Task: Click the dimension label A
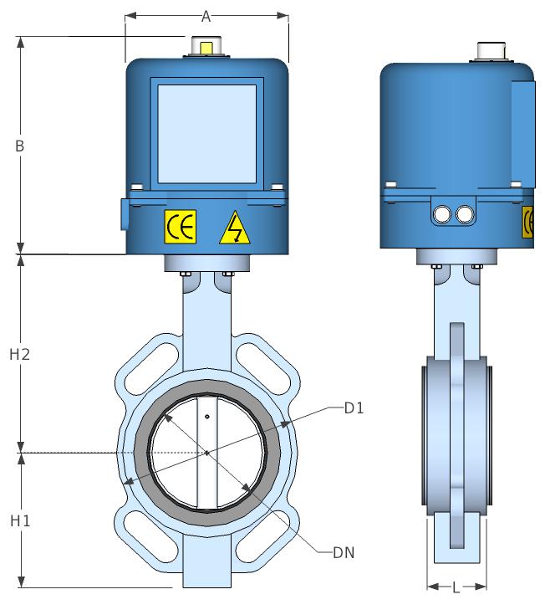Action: point(206,17)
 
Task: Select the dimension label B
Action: point(19,146)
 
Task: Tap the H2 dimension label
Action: point(20,355)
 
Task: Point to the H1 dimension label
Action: point(20,521)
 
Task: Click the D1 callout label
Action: point(354,408)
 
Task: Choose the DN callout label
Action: point(344,553)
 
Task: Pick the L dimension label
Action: point(456,588)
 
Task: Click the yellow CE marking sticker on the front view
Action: point(181,227)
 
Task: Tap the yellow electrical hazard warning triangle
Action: point(235,228)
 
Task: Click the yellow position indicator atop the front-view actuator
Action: point(206,48)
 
